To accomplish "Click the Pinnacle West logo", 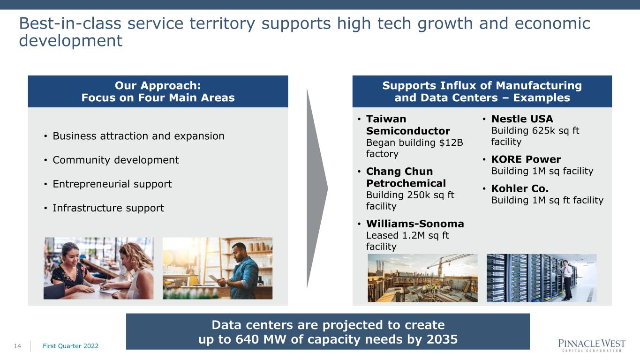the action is click(x=592, y=345).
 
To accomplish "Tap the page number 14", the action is click(x=17, y=346).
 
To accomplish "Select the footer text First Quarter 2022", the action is click(x=71, y=346).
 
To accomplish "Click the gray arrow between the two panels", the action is click(x=317, y=188).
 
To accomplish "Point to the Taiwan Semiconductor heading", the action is click(x=408, y=125).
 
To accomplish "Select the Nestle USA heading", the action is click(x=522, y=119).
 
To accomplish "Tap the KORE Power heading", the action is click(x=526, y=159).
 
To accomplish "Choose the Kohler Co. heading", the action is click(x=520, y=188).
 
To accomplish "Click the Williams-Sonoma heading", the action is click(x=415, y=224).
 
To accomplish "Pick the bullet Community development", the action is click(x=116, y=160).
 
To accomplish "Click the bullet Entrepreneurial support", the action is click(x=112, y=184).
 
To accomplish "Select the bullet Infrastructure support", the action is click(x=108, y=208).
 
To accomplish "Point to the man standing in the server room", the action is click(x=566, y=280).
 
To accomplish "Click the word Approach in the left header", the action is click(x=171, y=86).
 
